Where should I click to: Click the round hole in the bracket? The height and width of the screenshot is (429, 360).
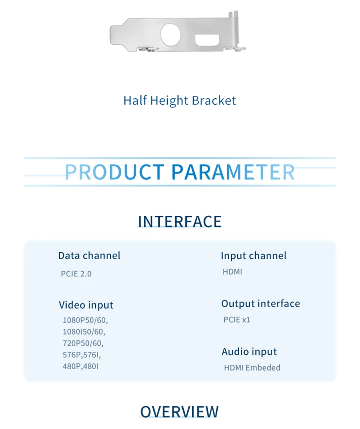coord(171,35)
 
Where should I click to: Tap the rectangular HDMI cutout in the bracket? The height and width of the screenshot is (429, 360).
coord(207,40)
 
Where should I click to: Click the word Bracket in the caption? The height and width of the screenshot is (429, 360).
coord(214,101)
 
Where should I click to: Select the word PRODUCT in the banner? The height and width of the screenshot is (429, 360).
coord(114,172)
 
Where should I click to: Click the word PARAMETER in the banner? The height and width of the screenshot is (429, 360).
coord(233,172)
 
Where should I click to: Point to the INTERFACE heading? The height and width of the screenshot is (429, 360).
coord(180,221)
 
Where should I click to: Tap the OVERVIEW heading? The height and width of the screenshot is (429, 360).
coord(180,411)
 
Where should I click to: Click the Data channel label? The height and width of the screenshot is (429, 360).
coord(89,256)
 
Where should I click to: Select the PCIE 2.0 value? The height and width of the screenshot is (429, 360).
coord(76,274)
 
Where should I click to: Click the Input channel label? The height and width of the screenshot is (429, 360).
coord(253,256)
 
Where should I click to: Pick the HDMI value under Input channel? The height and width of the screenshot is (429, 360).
coord(232,272)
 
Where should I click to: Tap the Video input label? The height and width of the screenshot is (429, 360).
coord(86,305)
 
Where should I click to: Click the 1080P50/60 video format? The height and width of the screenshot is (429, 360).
coord(85,320)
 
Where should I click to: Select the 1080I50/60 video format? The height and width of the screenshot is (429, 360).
coord(84,331)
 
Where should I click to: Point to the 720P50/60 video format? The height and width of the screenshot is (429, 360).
coord(83,343)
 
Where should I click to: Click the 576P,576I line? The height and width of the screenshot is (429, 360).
coord(82,355)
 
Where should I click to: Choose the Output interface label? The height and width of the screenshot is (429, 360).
coord(261,304)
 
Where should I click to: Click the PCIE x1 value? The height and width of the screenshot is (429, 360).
coord(237,319)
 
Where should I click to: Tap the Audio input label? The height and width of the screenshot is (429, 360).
coord(249,352)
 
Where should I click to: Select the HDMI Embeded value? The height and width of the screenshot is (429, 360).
coord(252,367)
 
